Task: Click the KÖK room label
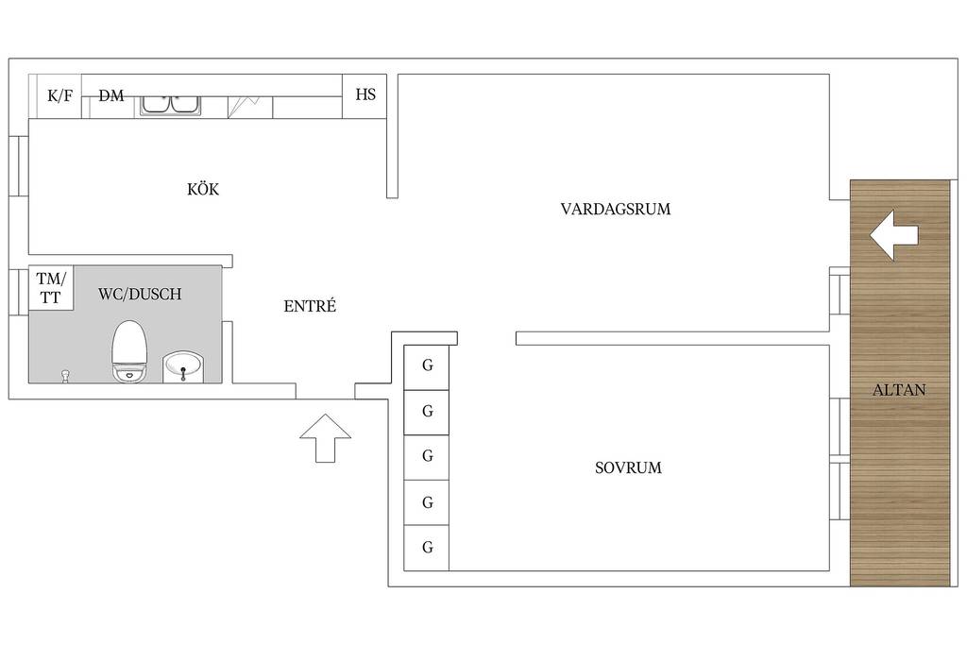tap(203, 189)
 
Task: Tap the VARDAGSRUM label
tap(616, 209)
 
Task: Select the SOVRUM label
tap(628, 468)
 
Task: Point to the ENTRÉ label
tap(310, 305)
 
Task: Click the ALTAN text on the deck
tap(899, 390)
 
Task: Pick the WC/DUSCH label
tap(140, 294)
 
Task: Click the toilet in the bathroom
tap(129, 351)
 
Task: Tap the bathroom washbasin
tap(182, 367)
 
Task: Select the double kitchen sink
tap(170, 105)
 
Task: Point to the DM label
tap(111, 95)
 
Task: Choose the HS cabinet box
tap(365, 96)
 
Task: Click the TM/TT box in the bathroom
tap(51, 288)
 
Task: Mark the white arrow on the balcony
tap(894, 235)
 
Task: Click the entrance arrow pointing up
tap(326, 438)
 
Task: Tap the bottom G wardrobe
tap(426, 548)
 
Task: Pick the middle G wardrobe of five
tap(426, 457)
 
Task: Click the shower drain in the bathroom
tap(65, 376)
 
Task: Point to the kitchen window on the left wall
tap(19, 166)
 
